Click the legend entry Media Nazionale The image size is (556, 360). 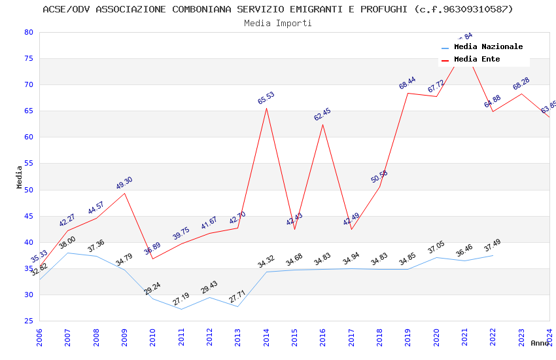point(488,47)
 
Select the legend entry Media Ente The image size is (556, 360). point(477,60)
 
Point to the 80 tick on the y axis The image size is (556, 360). point(28,32)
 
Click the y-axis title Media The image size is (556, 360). point(20,177)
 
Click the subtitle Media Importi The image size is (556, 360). point(278,23)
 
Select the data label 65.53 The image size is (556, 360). point(266,98)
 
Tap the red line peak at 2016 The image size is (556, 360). point(322,124)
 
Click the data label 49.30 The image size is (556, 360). point(124,183)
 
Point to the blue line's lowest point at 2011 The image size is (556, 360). point(181,309)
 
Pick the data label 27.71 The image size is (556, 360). point(237,298)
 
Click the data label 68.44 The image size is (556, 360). point(408,83)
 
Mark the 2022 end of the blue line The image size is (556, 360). point(493,255)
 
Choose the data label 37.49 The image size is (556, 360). point(493,247)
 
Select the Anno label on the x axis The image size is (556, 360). point(540,343)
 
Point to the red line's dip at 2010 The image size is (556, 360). point(152,259)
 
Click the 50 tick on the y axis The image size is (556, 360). point(28,190)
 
